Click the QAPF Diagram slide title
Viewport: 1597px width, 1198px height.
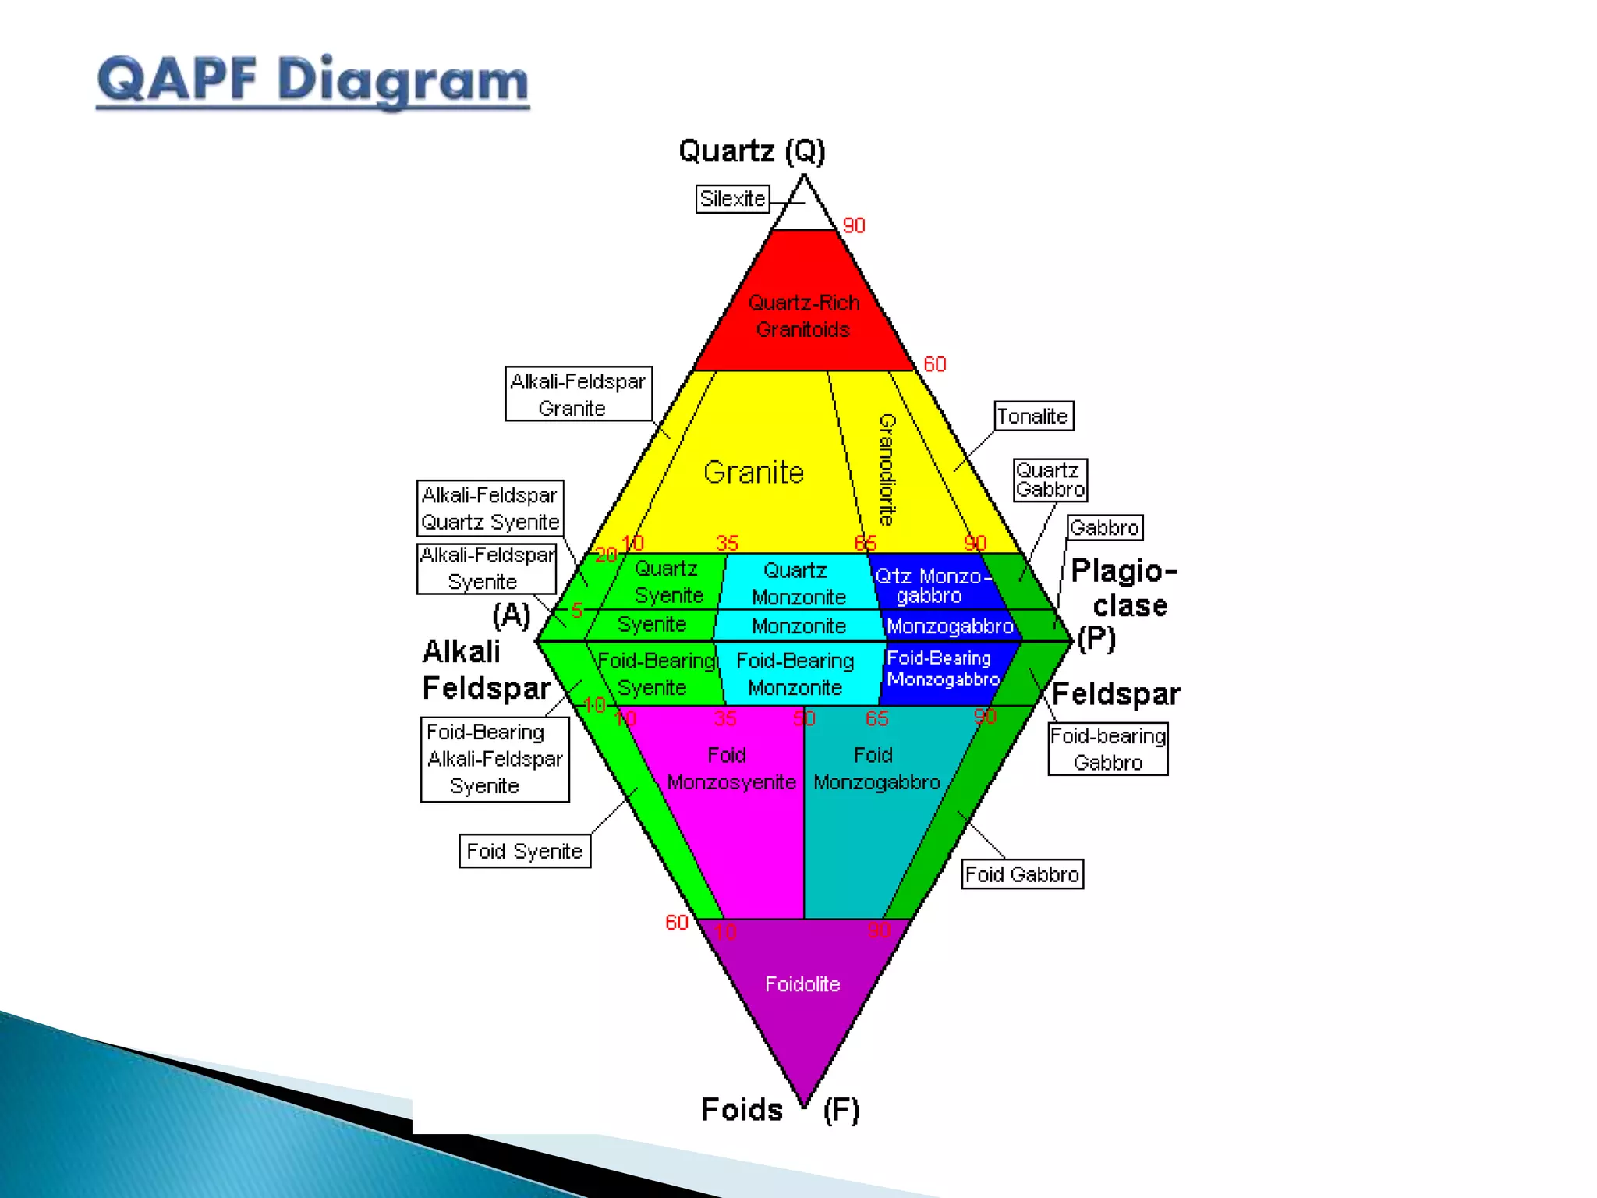[313, 80]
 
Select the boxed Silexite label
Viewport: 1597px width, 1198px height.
[732, 199]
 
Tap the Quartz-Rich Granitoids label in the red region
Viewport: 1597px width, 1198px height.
[803, 316]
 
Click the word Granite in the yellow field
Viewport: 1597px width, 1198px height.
[753, 473]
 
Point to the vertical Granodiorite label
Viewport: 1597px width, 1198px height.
[887, 469]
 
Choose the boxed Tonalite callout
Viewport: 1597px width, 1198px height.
[1033, 416]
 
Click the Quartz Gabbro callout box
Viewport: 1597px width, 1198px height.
[1050, 480]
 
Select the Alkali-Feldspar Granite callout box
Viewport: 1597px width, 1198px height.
[578, 394]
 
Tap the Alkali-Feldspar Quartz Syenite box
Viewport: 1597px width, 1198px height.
[490, 508]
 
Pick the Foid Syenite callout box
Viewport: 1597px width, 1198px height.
[524, 851]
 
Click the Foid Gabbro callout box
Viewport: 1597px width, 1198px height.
[1022, 874]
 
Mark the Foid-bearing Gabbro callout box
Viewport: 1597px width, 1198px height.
[1107, 749]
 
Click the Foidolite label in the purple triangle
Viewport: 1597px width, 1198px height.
[802, 984]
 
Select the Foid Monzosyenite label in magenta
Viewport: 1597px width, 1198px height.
[731, 768]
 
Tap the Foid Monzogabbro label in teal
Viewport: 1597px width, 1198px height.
[876, 768]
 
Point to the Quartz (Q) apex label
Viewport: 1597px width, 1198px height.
[752, 151]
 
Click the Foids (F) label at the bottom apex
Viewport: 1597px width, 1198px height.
[780, 1109]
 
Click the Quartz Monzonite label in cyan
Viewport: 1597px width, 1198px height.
[797, 583]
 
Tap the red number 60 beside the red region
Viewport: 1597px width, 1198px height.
[934, 364]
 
